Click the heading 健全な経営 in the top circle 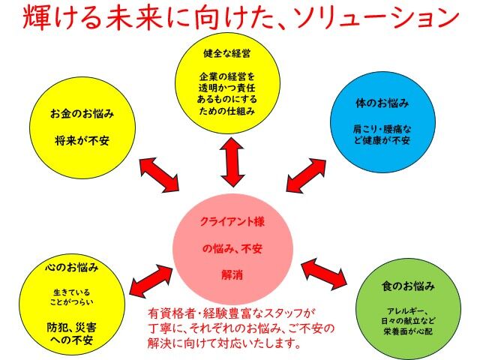pos(226,53)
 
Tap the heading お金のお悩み pos(82,113)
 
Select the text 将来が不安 pos(82,140)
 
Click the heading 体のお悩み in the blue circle pos(382,103)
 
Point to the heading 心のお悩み pos(72,267)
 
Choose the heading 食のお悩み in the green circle pos(408,286)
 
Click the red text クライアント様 pos(232,221)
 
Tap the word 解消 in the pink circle pos(232,274)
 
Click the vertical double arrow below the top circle pos(232,162)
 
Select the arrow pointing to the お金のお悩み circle pos(159,175)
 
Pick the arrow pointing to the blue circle pos(306,175)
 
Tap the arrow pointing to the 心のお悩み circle pos(151,280)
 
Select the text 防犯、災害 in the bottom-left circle pos(72,327)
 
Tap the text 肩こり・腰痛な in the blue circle pos(382,129)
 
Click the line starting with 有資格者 pos(232,313)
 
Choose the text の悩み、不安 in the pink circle pos(232,248)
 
